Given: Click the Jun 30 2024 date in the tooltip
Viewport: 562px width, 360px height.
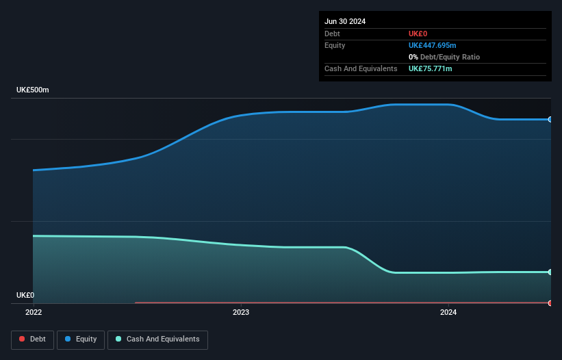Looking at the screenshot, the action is pyautogui.click(x=345, y=21).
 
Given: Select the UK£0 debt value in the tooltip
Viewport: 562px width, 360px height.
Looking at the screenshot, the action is pyautogui.click(x=418, y=34).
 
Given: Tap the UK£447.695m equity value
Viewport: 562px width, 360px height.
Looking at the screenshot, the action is pyautogui.click(x=432, y=45).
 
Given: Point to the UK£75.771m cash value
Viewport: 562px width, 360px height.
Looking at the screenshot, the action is pyautogui.click(x=430, y=68).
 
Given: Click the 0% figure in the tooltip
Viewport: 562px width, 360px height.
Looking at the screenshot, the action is pyautogui.click(x=413, y=57).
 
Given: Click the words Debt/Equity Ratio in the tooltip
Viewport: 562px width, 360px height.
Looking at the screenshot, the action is pyautogui.click(x=450, y=57).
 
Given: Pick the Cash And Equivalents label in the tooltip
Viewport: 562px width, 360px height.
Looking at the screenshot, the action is pyautogui.click(x=361, y=68).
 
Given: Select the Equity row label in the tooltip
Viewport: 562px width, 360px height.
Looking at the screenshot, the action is pyautogui.click(x=335, y=45).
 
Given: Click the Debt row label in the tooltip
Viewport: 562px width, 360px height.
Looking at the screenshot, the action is pyautogui.click(x=332, y=34).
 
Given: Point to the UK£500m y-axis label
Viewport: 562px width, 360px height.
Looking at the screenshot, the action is pyautogui.click(x=33, y=90).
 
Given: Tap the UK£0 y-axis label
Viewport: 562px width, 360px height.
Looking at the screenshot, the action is pyautogui.click(x=25, y=295).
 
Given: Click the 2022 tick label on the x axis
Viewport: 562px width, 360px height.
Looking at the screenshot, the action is pyautogui.click(x=34, y=312).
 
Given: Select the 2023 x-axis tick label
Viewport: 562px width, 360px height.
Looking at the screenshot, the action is pyautogui.click(x=241, y=312).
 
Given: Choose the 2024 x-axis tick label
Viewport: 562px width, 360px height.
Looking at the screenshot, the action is pyautogui.click(x=448, y=312).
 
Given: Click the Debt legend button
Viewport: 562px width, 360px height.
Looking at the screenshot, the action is pyautogui.click(x=33, y=339).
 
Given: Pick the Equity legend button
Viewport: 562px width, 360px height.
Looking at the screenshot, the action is pyautogui.click(x=81, y=339).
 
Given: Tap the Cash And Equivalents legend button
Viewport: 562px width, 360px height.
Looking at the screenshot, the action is pyautogui.click(x=157, y=339).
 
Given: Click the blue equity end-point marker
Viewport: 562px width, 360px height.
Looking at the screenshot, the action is pyautogui.click(x=550, y=119).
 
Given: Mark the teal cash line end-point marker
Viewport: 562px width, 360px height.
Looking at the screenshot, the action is pyautogui.click(x=550, y=272).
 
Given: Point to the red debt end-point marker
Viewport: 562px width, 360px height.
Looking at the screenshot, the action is pyautogui.click(x=550, y=303).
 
